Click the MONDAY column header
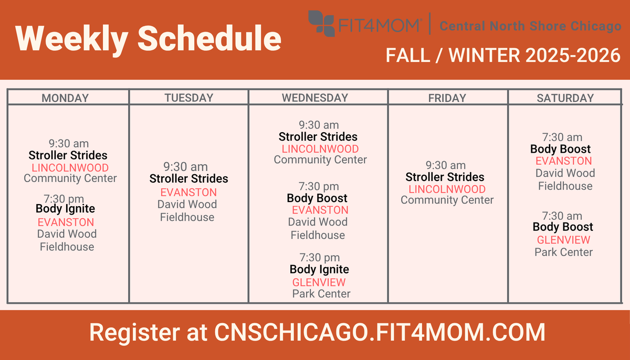tap(65, 98)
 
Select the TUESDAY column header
tap(189, 98)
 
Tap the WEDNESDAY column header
tap(315, 98)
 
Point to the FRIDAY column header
tap(447, 98)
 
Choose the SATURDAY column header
tap(565, 98)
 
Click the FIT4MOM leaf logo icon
tap(321, 24)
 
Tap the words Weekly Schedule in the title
tap(148, 38)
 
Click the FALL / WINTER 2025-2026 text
tap(503, 55)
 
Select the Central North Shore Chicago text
tap(530, 26)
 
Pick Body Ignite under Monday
tap(65, 209)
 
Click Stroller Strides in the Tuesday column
tap(188, 178)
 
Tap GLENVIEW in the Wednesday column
tap(319, 282)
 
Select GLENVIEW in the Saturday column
tap(564, 240)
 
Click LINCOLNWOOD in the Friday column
tap(447, 189)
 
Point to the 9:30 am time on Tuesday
tap(186, 167)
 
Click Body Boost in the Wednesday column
tap(317, 198)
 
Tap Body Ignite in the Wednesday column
tap(319, 270)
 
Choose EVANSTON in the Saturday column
tap(564, 161)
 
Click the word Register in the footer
tap(135, 333)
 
